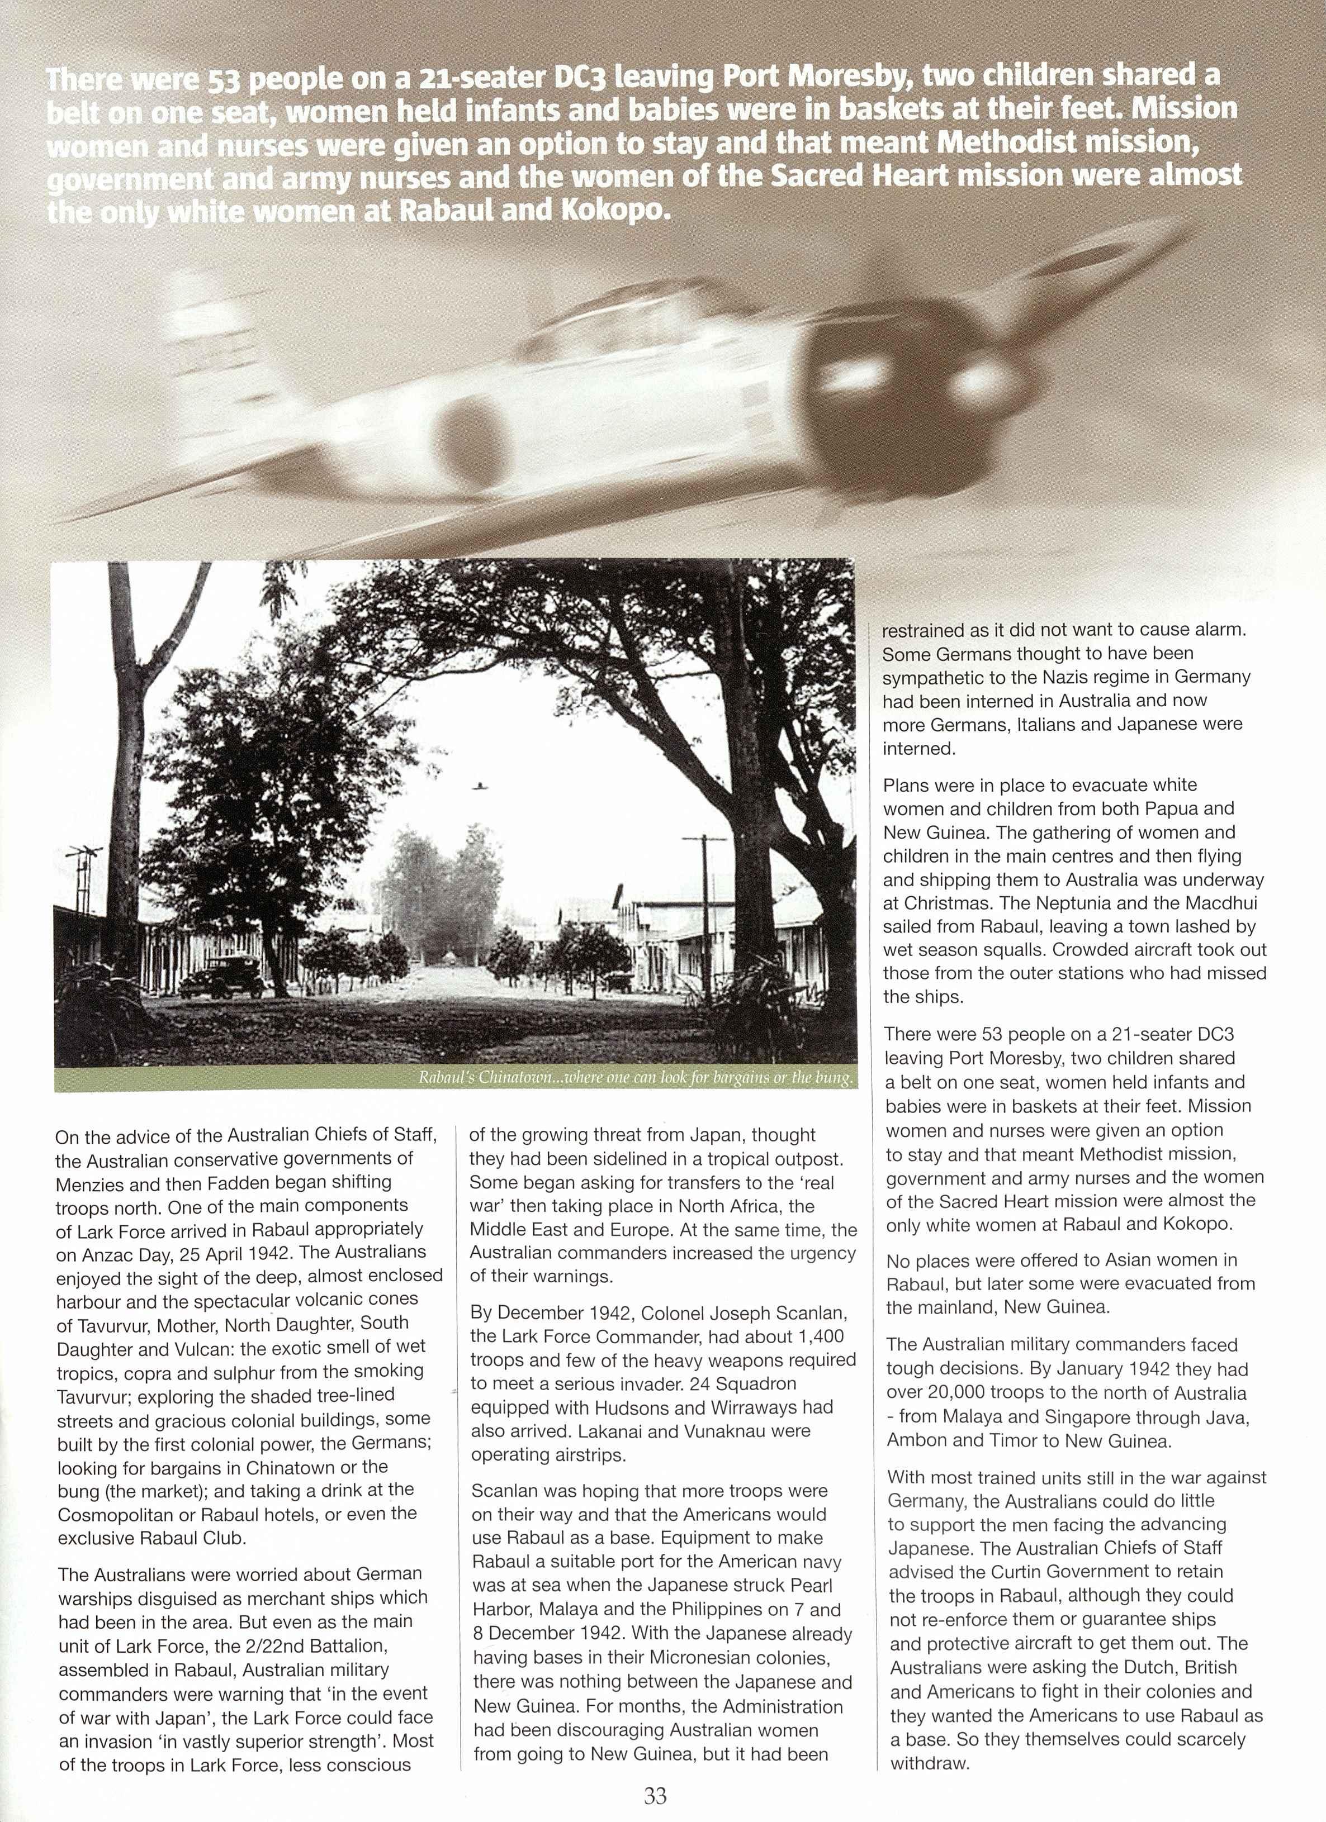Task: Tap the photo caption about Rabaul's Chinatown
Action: tap(635, 1077)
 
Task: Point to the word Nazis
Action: tap(1021, 677)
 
